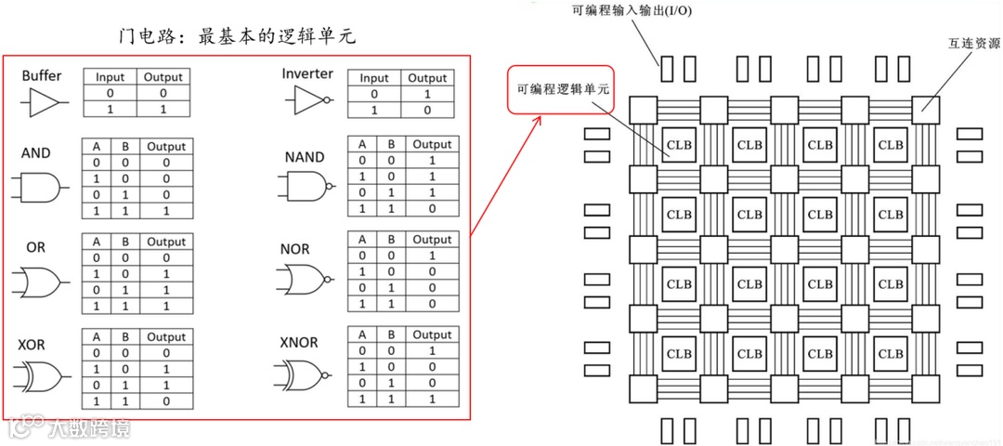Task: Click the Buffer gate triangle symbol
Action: pos(45,102)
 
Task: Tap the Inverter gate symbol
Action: pos(311,99)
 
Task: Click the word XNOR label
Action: pos(298,342)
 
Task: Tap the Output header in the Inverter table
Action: pos(428,78)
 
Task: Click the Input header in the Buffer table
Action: pos(111,77)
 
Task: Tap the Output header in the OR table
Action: pos(166,242)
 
